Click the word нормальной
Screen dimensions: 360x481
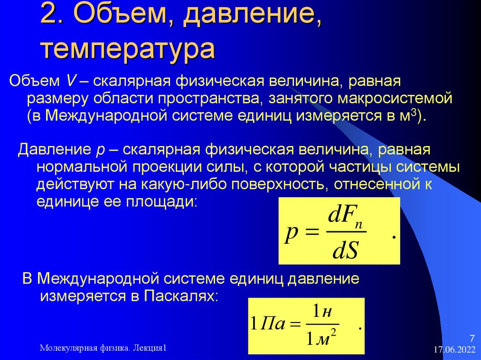[81, 167]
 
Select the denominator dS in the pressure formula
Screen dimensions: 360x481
[345, 251]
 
